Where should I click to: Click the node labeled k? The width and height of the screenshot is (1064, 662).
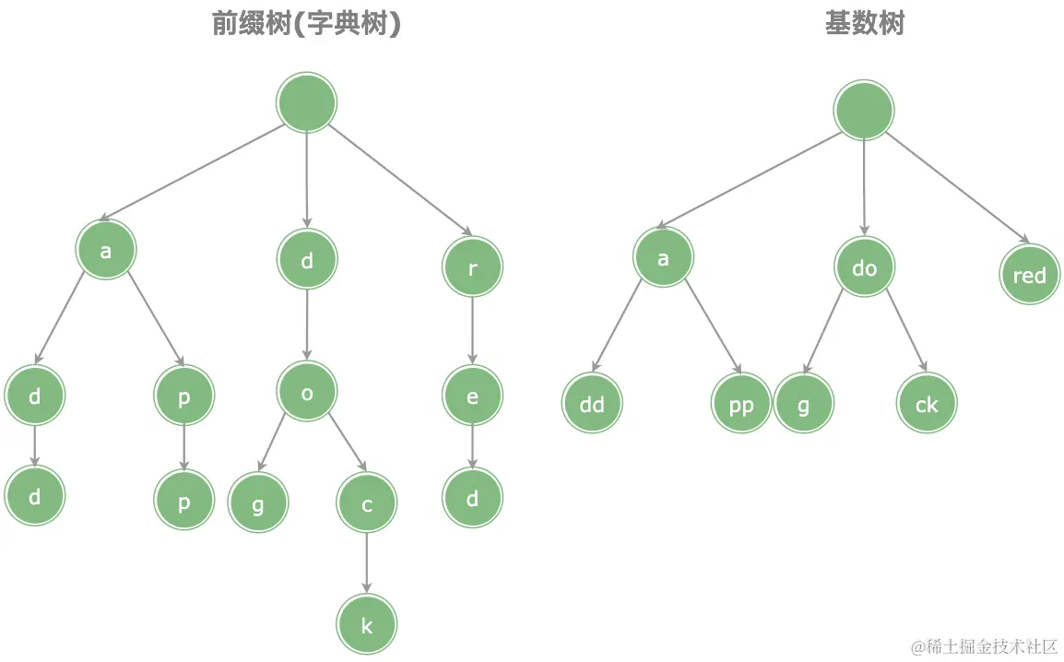coord(367,625)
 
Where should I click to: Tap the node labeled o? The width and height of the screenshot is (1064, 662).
coord(307,393)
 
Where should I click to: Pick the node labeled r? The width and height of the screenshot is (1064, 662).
coord(472,266)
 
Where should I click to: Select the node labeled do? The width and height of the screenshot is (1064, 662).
coord(865,267)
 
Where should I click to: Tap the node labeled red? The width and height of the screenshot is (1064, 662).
coord(1029,275)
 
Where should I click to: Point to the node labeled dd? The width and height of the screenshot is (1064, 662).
coord(592,404)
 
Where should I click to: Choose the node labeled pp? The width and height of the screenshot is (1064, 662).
coord(741,404)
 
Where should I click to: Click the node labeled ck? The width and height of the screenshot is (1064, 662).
coord(927,403)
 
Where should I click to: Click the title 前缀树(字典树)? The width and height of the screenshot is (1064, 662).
coord(306,24)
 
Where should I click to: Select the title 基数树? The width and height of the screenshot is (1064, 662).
coord(864,24)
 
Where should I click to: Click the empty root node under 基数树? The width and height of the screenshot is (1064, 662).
coord(864,110)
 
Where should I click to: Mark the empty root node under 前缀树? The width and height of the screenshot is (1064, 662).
coord(307,102)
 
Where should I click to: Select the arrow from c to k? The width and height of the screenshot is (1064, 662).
coord(367,562)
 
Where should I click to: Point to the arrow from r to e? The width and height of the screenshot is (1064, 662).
coord(473,330)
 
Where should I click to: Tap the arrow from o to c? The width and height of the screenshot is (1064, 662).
coord(349,443)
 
